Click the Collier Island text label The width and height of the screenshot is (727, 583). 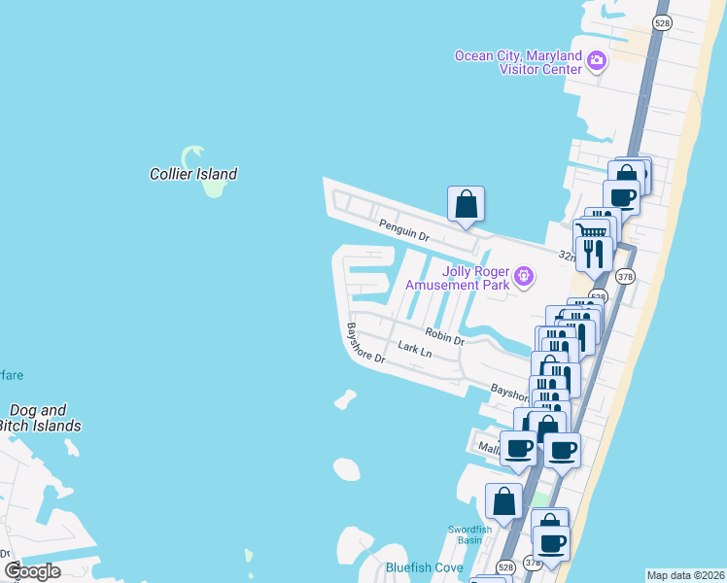coord(192,175)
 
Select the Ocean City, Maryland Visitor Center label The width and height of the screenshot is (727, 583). coord(518,62)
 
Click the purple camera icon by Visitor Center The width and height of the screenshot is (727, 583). coord(597,62)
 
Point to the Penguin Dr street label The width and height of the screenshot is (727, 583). coord(404,229)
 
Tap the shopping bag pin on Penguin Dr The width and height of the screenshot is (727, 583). coord(466,204)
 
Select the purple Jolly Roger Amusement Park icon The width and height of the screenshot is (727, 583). coord(525,277)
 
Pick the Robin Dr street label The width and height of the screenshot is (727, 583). coord(444,337)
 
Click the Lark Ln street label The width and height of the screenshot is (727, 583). coord(414,348)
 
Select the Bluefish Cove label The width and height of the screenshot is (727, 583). coord(424,567)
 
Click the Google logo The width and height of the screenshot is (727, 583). coord(32,570)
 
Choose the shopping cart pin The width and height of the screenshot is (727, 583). coord(590,230)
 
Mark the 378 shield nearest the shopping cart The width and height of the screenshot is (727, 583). coord(625,277)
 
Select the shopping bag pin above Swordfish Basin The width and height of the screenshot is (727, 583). coord(503,501)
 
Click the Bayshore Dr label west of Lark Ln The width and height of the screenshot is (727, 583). coord(367,343)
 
